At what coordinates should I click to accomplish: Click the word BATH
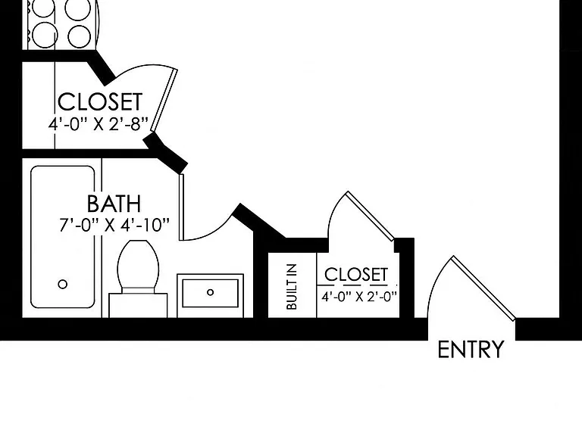pos(114,204)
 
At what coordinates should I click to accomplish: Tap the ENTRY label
pos(471,349)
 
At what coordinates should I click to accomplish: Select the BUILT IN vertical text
pos(292,286)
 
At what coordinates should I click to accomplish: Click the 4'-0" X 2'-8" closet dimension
pos(99,124)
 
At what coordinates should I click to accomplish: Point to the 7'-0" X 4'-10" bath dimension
pos(114,225)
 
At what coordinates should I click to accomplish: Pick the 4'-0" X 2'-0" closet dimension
pos(359,297)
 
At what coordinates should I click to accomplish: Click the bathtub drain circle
pos(63,285)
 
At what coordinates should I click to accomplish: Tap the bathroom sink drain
pos(210,292)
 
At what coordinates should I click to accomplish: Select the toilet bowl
pos(138,264)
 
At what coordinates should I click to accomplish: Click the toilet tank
pos(138,305)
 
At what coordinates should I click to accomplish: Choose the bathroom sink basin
pos(210,293)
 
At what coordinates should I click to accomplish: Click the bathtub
pos(62,237)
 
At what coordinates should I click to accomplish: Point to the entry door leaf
pos(483,288)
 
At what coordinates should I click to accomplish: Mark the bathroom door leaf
pos(181,207)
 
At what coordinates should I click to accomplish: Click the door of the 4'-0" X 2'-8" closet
pos(164,100)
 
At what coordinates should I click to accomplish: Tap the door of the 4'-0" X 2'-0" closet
pos(371,216)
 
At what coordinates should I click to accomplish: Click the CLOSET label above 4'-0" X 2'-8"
pos(100,101)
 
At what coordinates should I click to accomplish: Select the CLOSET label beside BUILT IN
pos(356,275)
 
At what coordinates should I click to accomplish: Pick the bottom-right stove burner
pos(79,36)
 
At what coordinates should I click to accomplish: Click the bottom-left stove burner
pos(44,36)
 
